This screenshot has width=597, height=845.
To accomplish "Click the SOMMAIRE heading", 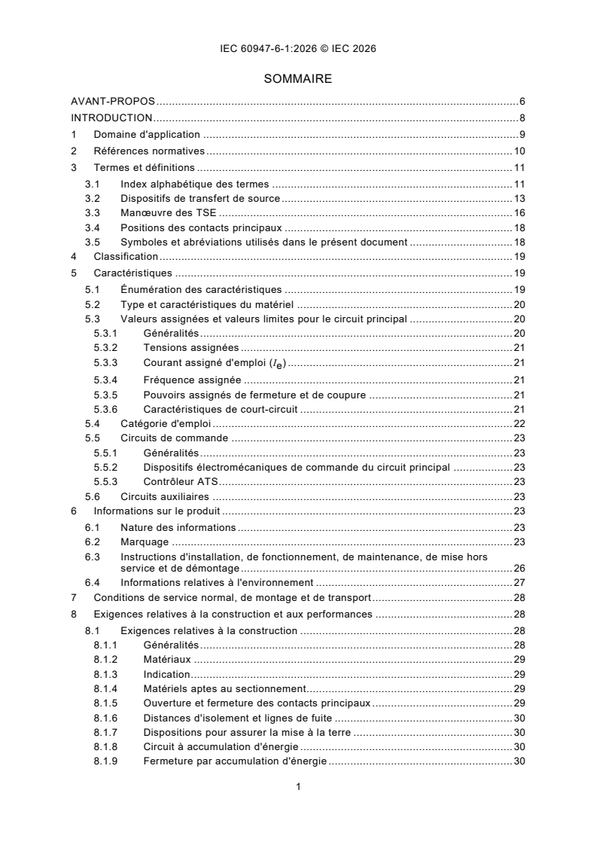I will pos(297,78).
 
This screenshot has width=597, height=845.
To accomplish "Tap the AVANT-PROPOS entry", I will pos(113,101).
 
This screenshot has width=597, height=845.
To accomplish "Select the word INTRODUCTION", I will pos(111,117).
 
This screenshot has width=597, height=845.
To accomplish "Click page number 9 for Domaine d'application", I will pos(521,134).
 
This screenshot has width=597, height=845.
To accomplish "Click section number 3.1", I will pos(92,184).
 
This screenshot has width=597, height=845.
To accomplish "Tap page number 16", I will pos(519,213).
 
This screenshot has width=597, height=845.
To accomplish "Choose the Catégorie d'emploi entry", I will pos(160,423).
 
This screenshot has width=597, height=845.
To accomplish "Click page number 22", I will pos(519,423).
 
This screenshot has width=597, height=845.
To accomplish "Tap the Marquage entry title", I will pos(145,541).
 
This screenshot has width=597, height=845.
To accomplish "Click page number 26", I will pos(519,567).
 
